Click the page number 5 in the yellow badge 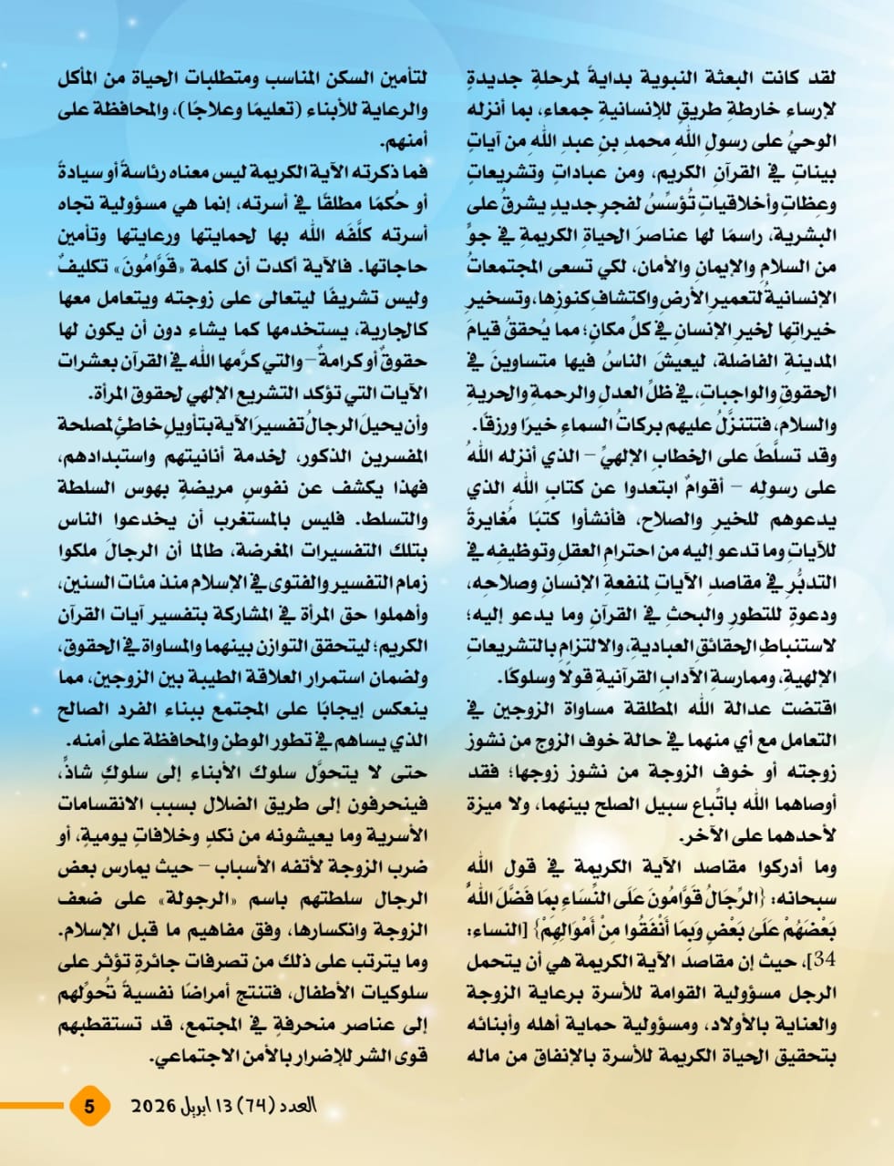(x=89, y=1107)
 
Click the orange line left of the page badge (x=33, y=1107)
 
